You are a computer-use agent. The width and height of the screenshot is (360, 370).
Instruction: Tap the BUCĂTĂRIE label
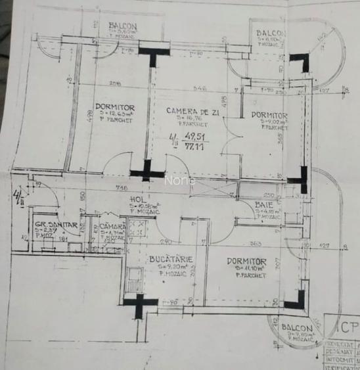[170, 260]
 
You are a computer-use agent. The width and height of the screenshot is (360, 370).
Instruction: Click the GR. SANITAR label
[56, 225]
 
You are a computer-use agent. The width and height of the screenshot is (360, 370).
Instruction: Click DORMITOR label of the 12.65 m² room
[114, 107]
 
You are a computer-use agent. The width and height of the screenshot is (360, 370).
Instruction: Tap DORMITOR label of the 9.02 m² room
[269, 114]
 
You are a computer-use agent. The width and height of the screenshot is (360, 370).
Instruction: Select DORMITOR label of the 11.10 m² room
[246, 261]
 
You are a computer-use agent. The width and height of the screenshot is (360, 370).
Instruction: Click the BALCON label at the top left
[124, 24]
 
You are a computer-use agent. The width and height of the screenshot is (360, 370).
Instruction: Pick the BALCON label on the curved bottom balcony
[295, 327]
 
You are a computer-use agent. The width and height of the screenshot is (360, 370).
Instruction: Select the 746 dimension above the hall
[122, 187]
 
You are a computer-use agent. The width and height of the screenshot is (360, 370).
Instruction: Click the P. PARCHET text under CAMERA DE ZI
[193, 124]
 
